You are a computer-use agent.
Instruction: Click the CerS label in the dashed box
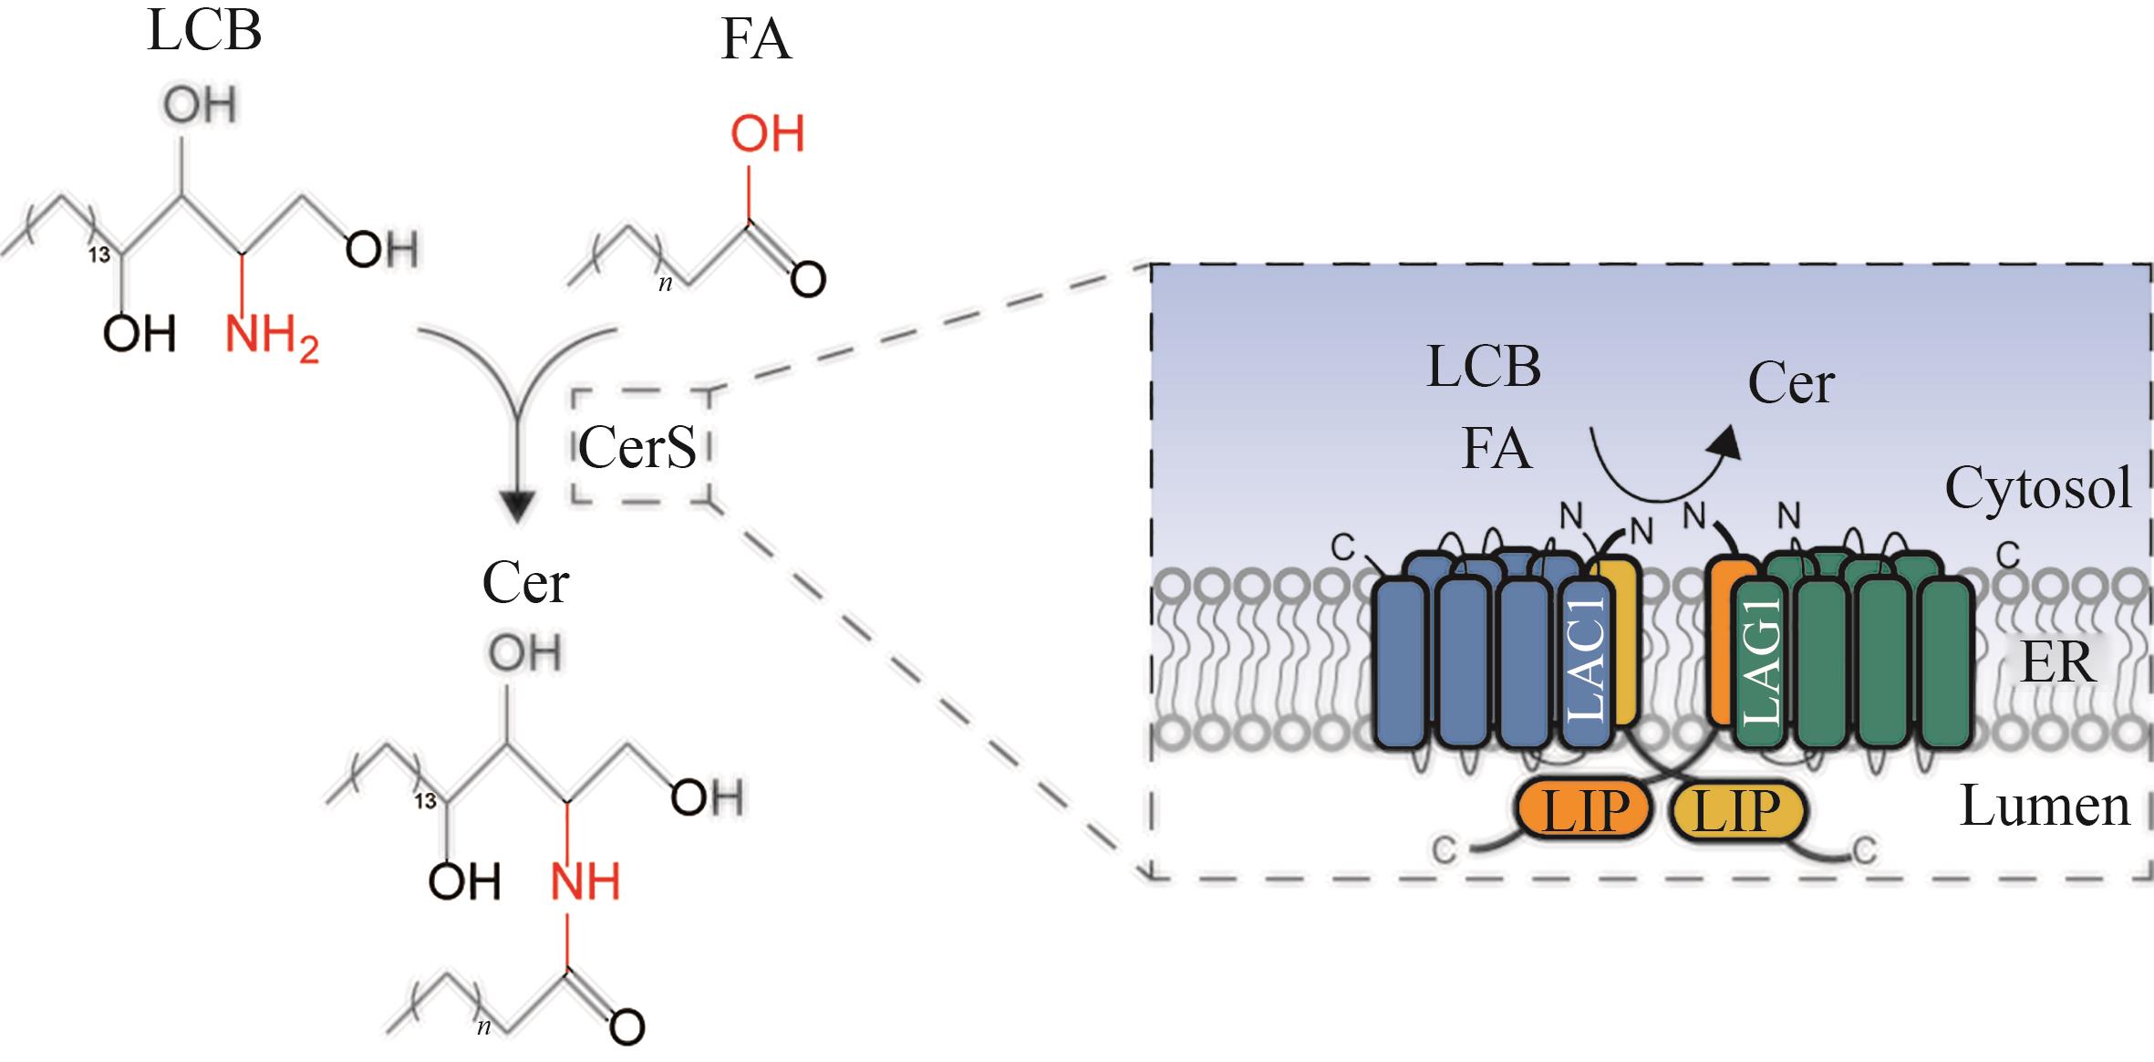coord(637,447)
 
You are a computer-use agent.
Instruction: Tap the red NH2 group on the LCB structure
coord(271,337)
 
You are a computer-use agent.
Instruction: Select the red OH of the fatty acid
coord(767,134)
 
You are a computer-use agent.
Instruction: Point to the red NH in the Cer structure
coord(585,881)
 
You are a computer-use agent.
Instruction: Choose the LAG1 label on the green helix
coord(1761,661)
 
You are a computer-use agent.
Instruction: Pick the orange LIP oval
coord(1585,810)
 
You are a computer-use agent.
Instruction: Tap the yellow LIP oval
coord(1736,810)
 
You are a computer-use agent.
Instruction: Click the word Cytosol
coord(2038,488)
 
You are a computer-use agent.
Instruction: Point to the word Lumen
coord(2045,806)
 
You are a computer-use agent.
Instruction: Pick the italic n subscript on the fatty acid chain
coord(666,284)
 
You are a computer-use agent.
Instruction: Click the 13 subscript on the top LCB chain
coord(99,255)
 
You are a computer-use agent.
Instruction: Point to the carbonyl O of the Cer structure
coord(627,1027)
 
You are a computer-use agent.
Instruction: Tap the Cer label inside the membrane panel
coord(1790,383)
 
